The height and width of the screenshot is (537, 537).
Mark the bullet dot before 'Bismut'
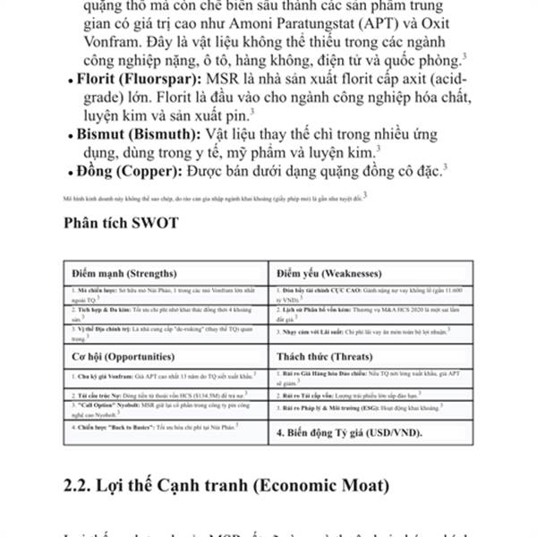[x=71, y=136]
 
